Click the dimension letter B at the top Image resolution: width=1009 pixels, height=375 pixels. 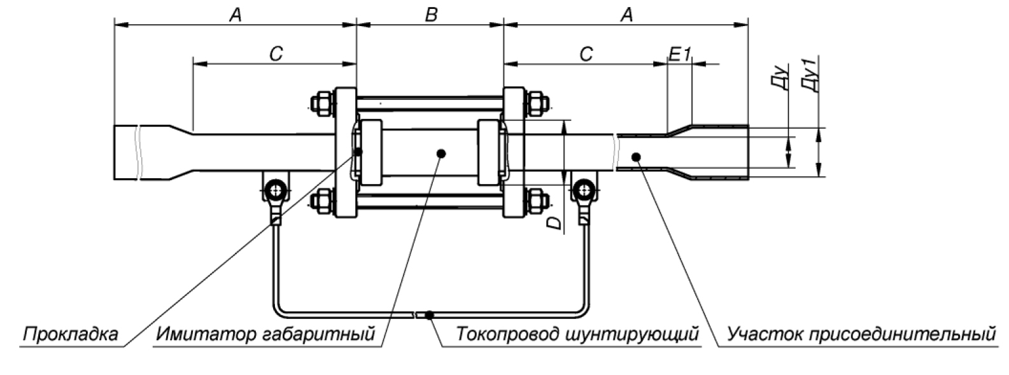pyautogui.click(x=431, y=15)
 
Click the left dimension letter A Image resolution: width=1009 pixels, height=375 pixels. pyautogui.click(x=235, y=15)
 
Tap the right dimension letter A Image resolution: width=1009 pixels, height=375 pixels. pyautogui.click(x=626, y=15)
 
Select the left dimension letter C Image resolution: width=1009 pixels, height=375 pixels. pyautogui.click(x=275, y=54)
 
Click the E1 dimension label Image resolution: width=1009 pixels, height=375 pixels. pyautogui.click(x=679, y=54)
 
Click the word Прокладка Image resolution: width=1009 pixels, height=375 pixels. pyautogui.click(x=70, y=334)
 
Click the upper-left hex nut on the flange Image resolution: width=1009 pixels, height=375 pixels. pyautogui.click(x=320, y=103)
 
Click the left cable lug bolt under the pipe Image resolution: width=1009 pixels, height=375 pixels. pyautogui.click(x=276, y=189)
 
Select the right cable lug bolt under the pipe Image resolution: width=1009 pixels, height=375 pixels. pyautogui.click(x=582, y=189)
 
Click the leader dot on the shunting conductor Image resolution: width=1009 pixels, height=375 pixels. pyautogui.click(x=430, y=315)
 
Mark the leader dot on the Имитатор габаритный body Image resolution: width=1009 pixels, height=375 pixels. pyautogui.click(x=442, y=153)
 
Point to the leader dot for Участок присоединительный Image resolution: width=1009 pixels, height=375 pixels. pyautogui.click(x=635, y=155)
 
